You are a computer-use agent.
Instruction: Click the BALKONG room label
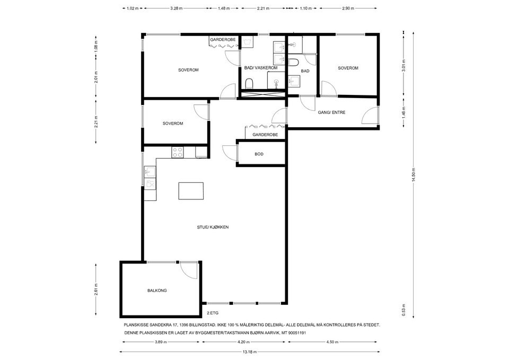pyautogui.click(x=157, y=291)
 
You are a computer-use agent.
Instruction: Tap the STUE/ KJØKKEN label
pyautogui.click(x=213, y=227)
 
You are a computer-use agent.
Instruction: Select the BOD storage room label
pyautogui.click(x=259, y=154)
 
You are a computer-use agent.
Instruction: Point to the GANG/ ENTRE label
pyautogui.click(x=331, y=112)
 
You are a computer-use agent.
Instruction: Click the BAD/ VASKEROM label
pyautogui.click(x=261, y=68)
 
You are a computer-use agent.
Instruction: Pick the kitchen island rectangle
pyautogui.click(x=191, y=191)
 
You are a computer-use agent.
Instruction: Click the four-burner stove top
pyautogui.click(x=178, y=152)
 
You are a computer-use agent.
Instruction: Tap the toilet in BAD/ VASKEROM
pyautogui.click(x=249, y=83)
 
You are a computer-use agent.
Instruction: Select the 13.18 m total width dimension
pyautogui.click(x=250, y=352)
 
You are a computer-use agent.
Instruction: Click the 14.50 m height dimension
pyautogui.click(x=413, y=176)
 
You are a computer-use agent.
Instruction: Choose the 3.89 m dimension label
pyautogui.click(x=161, y=342)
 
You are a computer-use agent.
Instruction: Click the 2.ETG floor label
pyautogui.click(x=213, y=313)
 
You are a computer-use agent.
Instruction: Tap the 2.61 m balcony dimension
pyautogui.click(x=96, y=290)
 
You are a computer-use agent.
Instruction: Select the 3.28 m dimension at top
pyautogui.click(x=176, y=8)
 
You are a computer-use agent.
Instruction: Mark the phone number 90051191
pyautogui.click(x=297, y=333)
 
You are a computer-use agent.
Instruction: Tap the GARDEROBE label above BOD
pyautogui.click(x=265, y=135)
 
